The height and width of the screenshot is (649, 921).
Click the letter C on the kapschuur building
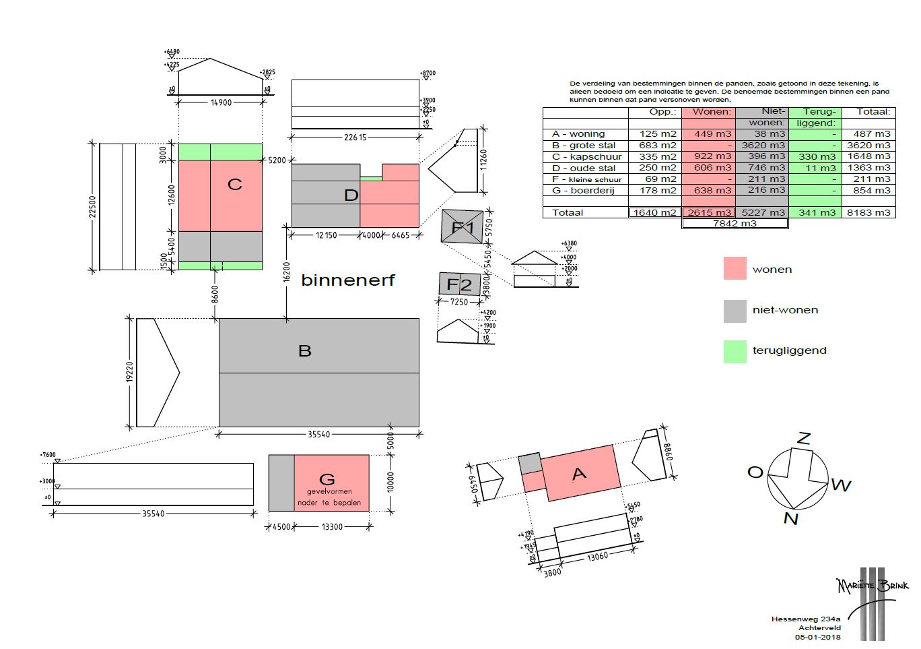pos(234,185)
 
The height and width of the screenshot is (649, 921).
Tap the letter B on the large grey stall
pos(305,350)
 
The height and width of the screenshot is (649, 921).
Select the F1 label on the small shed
pos(463,228)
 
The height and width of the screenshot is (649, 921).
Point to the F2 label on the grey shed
pos(459,284)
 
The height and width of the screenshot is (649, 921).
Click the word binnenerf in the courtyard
pos(347,280)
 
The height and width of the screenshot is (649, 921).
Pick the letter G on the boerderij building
pos(327,479)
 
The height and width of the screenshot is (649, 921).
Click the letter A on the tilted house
pos(579,474)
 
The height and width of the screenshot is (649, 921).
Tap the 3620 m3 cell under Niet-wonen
pos(763,146)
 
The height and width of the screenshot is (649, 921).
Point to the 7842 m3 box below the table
pos(735,224)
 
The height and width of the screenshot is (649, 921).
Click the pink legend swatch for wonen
pos(735,269)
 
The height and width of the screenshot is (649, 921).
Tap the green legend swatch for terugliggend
pos(735,351)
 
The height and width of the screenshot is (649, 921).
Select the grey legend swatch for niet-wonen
pos(735,310)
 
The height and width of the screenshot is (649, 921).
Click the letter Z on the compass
pos(804,438)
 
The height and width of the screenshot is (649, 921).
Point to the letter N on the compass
pos(791,518)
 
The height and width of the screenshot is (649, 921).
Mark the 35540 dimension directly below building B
pos(318,435)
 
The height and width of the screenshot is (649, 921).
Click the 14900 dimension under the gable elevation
pos(221,103)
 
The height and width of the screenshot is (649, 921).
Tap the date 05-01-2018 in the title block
pos(817,637)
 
